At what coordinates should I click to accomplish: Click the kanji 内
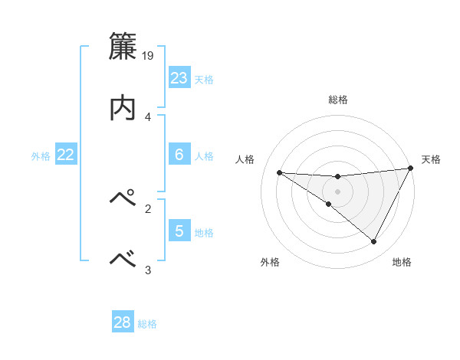tap(123, 107)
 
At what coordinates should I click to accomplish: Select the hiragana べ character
tap(123, 259)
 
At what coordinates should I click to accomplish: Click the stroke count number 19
tap(149, 55)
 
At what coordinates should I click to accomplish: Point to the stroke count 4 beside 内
tap(147, 116)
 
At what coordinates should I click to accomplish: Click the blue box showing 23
tap(179, 78)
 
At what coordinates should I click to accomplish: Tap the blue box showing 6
tap(179, 155)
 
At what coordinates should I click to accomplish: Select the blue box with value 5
tap(179, 231)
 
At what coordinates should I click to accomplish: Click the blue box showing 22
tap(66, 155)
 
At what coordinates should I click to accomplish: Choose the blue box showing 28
tap(123, 322)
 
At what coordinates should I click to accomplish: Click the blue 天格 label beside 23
tap(204, 79)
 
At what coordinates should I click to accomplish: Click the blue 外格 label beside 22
tap(41, 155)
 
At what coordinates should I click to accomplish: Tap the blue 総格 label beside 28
tap(147, 323)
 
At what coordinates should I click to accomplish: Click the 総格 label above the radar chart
tap(338, 100)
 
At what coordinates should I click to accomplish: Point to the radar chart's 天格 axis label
tap(431, 159)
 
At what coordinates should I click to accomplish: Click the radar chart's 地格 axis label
tap(402, 262)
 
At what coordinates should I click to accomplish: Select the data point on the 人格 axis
tap(279, 172)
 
